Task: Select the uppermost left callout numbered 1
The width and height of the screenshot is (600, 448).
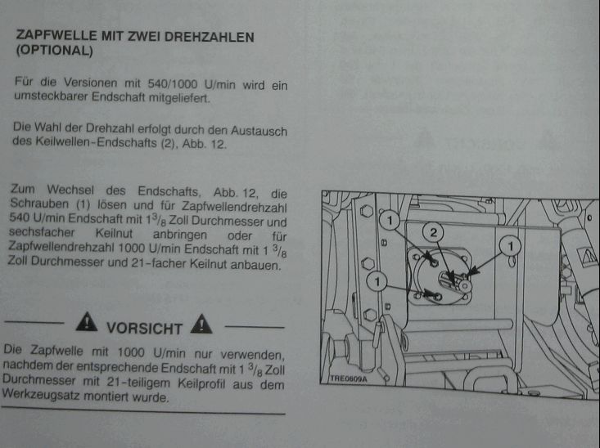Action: (392, 220)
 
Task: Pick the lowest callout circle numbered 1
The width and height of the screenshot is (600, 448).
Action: (377, 282)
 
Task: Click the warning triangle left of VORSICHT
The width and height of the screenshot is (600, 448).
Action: (86, 325)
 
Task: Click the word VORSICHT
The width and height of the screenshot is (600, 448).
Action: (144, 328)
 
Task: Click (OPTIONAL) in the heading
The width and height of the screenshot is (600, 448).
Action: (55, 52)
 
